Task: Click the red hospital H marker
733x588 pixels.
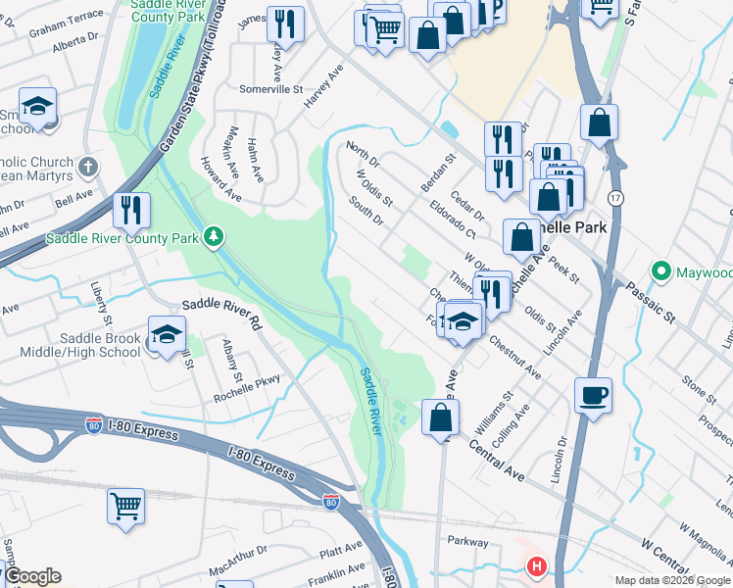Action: [536, 566]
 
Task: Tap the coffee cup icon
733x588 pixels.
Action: [593, 396]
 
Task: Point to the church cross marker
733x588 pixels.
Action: [88, 166]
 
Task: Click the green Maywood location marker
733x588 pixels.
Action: [661, 270]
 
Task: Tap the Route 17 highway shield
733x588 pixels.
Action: [613, 198]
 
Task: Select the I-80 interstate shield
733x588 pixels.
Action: [331, 503]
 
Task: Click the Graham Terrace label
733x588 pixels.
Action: [66, 30]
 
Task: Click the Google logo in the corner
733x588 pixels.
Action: [32, 576]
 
